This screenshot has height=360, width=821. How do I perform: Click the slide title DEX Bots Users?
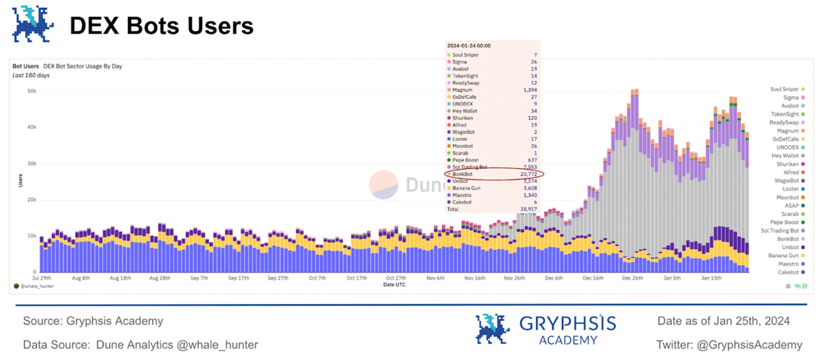(x=162, y=26)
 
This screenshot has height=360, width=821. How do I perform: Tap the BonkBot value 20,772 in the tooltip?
(x=528, y=174)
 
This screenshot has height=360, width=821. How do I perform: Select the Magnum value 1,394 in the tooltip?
(x=530, y=90)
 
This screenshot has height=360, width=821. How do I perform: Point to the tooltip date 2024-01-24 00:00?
(x=469, y=46)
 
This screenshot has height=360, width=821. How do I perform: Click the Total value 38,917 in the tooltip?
(x=528, y=209)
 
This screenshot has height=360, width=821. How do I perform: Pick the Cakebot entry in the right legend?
(x=788, y=272)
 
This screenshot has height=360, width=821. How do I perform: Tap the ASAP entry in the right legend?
(x=792, y=206)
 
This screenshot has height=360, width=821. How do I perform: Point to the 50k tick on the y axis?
(x=31, y=91)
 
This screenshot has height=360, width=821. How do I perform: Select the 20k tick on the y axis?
(x=31, y=200)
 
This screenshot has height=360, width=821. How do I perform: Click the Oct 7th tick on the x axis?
(x=317, y=278)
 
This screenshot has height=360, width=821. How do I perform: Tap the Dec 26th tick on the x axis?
(x=632, y=278)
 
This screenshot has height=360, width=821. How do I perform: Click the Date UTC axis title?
(x=394, y=285)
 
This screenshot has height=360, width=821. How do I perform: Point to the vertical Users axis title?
(x=20, y=180)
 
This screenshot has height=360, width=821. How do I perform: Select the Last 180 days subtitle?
(x=31, y=75)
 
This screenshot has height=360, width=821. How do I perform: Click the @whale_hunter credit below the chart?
(x=37, y=286)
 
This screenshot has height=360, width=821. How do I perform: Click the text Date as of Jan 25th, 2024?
(x=723, y=321)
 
